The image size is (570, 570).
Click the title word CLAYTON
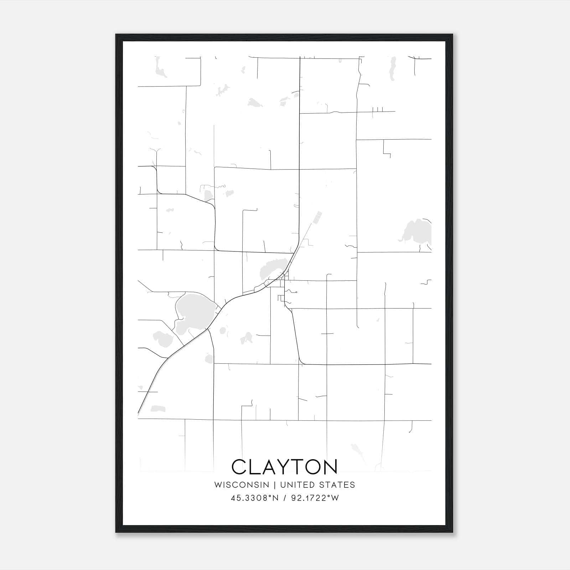(284, 467)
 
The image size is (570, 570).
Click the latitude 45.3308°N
(254, 498)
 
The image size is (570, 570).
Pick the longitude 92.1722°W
(315, 498)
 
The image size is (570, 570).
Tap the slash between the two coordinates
(285, 498)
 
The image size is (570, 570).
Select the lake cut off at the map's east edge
(417, 232)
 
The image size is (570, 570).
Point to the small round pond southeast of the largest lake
(223, 331)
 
